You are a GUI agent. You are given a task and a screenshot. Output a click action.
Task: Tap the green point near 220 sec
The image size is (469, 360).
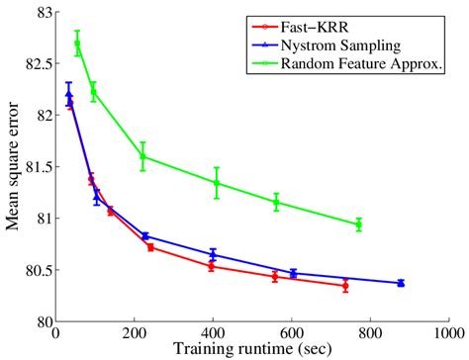(142, 156)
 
